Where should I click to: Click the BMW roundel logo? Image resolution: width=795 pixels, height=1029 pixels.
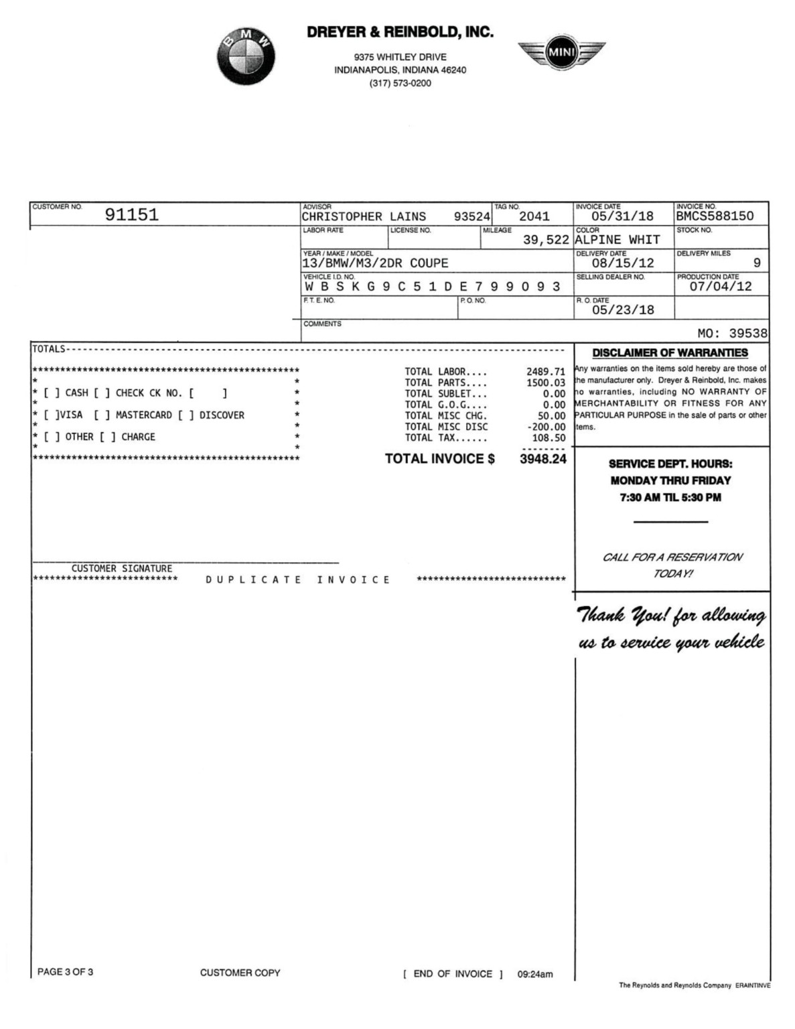click(246, 57)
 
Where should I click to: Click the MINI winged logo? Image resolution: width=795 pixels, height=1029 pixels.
click(561, 53)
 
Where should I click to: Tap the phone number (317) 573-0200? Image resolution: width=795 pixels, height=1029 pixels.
click(400, 84)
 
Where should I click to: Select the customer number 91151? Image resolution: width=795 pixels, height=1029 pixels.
click(131, 215)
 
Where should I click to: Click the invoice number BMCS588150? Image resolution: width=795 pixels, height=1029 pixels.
click(715, 216)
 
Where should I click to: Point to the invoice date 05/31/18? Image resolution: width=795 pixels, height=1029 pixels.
click(622, 216)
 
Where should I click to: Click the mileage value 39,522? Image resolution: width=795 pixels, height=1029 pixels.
click(546, 240)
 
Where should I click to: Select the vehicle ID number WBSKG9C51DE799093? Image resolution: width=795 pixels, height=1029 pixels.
click(432, 287)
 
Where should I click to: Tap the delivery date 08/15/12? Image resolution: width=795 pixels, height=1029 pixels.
click(622, 263)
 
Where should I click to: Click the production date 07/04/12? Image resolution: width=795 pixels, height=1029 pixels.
click(721, 287)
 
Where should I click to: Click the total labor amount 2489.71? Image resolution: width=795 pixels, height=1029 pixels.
click(545, 372)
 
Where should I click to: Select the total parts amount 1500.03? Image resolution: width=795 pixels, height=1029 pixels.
click(545, 383)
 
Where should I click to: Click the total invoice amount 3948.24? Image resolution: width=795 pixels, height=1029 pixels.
click(543, 459)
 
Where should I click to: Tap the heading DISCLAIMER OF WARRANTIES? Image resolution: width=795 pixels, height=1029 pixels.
click(670, 353)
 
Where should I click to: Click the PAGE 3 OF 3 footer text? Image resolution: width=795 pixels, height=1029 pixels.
click(65, 972)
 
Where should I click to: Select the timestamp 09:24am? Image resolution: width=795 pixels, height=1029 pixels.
click(535, 975)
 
